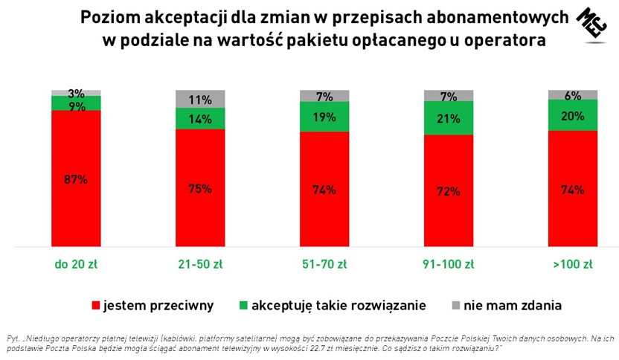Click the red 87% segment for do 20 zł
(76, 179)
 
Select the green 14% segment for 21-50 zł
(200, 118)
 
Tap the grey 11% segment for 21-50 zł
(200, 99)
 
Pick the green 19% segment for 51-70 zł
(324, 116)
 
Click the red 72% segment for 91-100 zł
(449, 190)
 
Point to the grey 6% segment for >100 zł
(573, 94)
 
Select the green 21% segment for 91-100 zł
(449, 118)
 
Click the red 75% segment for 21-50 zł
(200, 187)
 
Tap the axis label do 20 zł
(76, 264)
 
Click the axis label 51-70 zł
(324, 264)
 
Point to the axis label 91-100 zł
(449, 264)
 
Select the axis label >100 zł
(573, 264)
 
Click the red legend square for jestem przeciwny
(94, 305)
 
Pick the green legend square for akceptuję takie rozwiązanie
(243, 305)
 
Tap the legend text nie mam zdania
(512, 305)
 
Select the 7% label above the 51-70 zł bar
(324, 97)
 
